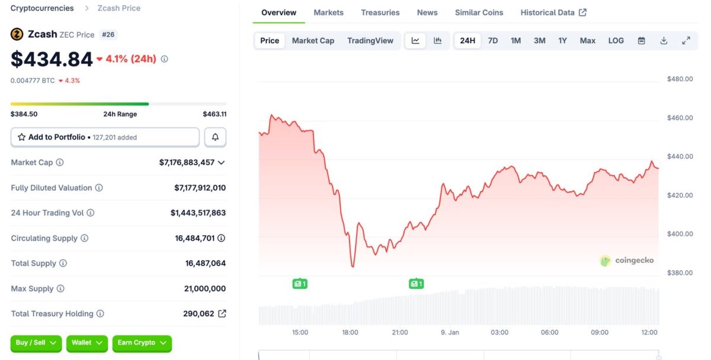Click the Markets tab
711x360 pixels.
[x=328, y=12]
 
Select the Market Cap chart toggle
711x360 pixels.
[x=313, y=41]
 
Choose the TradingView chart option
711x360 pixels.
[x=370, y=41]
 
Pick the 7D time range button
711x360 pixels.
[x=492, y=41]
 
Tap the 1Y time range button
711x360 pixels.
[x=562, y=41]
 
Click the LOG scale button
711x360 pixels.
[x=616, y=41]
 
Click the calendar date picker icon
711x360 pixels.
[x=641, y=41]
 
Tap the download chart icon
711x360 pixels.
[x=664, y=41]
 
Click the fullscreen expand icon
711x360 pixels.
[x=686, y=41]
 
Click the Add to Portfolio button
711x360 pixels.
[x=105, y=137]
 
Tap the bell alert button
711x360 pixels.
[x=215, y=137]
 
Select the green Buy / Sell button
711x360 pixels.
[x=36, y=343]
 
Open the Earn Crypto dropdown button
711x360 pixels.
[x=142, y=343]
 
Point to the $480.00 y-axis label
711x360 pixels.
[x=680, y=79]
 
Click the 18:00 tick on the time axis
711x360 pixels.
[x=350, y=333]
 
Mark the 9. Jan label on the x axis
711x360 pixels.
[x=450, y=333]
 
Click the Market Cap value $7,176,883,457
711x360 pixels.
[x=187, y=162]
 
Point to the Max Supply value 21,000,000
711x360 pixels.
[x=204, y=289]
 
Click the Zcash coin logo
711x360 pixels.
[x=17, y=34]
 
